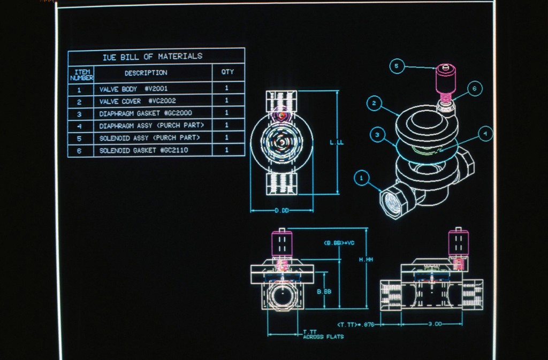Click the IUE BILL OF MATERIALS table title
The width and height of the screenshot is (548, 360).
[153, 57]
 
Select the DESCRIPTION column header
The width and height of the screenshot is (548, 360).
[146, 73]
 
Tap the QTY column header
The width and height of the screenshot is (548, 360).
[227, 72]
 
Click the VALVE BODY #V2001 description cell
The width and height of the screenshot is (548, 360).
[133, 89]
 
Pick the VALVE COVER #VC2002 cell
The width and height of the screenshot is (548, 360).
[138, 101]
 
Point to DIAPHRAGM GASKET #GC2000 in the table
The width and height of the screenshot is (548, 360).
[146, 113]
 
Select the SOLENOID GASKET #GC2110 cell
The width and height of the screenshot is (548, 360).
[143, 150]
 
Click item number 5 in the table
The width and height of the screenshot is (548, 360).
[79, 139]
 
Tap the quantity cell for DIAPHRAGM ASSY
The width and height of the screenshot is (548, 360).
[227, 125]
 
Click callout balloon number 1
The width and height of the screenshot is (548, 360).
[361, 178]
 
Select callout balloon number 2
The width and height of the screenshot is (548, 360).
[374, 103]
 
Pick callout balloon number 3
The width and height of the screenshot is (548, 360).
[377, 135]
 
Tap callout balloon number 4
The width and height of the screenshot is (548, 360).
[485, 133]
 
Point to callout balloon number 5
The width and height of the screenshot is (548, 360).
[397, 66]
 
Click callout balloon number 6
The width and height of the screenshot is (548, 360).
[475, 88]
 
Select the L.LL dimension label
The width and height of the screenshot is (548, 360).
[337, 142]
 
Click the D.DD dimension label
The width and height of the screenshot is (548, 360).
[281, 211]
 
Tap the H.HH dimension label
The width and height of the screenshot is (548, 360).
[366, 259]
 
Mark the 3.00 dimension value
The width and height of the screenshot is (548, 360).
[435, 324]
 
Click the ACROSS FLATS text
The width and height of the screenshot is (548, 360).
[323, 337]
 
